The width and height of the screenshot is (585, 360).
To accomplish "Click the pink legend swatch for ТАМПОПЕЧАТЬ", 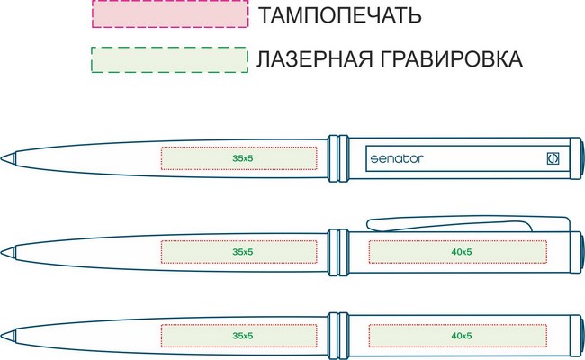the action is [170, 13].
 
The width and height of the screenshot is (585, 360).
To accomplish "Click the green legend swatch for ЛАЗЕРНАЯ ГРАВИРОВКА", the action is [170, 59].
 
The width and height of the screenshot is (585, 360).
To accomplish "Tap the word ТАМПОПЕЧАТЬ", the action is [339, 15].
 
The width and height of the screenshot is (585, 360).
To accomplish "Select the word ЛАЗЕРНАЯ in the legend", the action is [314, 58].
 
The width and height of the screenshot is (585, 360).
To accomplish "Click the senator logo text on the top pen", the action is [397, 159].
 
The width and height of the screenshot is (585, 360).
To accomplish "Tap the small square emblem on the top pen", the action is [553, 158].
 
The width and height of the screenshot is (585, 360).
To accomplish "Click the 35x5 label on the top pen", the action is [242, 158].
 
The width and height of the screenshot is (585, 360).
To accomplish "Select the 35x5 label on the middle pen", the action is [242, 252].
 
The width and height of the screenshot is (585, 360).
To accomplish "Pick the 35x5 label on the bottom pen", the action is [242, 336].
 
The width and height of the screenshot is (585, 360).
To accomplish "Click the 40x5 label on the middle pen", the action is [462, 252].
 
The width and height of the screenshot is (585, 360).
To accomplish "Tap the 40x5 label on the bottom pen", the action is [462, 336].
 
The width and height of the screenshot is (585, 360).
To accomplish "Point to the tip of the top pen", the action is [2, 158].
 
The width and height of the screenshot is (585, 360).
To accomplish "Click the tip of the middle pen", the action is [2, 253].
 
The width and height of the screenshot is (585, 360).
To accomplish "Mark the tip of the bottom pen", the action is [2, 336].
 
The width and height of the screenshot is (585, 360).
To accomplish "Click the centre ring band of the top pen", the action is [338, 158].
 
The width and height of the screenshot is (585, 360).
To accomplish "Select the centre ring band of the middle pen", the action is [338, 252].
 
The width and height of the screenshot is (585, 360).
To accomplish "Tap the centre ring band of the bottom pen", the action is [338, 336].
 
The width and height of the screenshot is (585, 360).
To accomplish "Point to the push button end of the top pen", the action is [582, 158].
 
